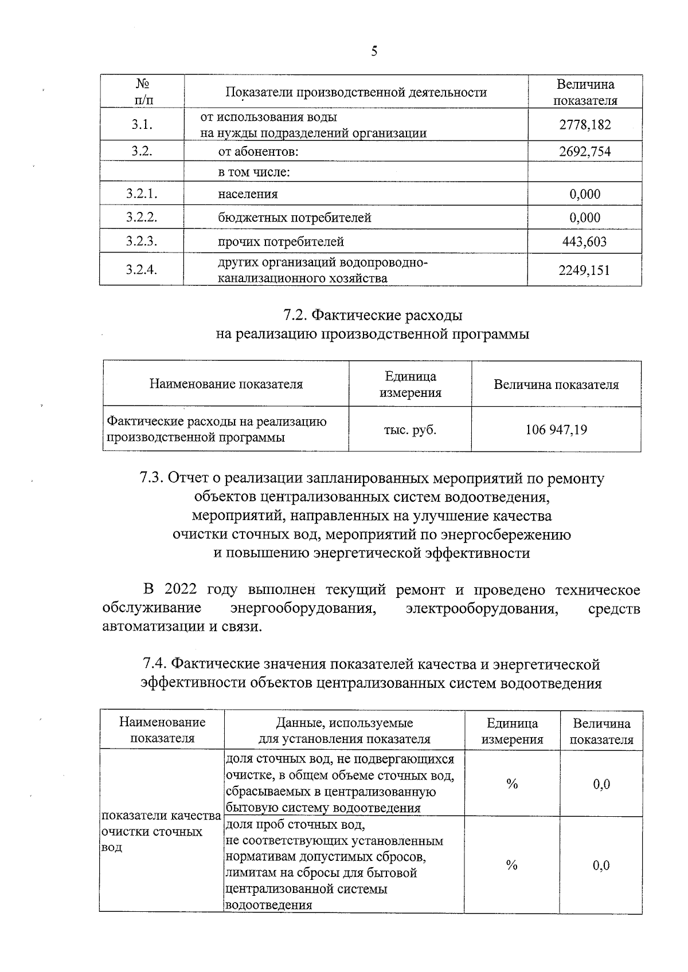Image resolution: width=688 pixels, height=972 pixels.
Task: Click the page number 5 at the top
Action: pos(374,52)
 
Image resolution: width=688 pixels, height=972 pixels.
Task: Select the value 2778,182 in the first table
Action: pos(585,124)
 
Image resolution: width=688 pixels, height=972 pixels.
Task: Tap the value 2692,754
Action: pos(585,152)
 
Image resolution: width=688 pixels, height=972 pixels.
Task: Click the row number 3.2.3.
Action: pos(142,241)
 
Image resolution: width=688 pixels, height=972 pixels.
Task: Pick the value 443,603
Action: pos(585,242)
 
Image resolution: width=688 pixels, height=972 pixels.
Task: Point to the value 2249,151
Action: pos(585,270)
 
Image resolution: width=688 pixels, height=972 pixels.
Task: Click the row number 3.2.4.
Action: pos(142,270)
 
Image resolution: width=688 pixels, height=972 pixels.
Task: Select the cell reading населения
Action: pos(248,194)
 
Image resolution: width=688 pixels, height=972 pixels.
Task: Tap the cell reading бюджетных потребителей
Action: pos(295,218)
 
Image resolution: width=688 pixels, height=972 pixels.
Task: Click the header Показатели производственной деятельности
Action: pos(356,92)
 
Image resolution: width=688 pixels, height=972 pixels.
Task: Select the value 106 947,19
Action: pos(556,430)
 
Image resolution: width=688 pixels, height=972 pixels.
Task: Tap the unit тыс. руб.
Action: pos(410,430)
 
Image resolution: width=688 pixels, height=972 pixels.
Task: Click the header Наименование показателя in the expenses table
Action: pos(226,384)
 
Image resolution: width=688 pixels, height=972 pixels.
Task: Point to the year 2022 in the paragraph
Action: pos(181,589)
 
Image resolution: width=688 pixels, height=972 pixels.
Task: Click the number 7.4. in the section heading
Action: pos(155,664)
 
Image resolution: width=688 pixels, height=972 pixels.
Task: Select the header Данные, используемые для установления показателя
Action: pos(344,731)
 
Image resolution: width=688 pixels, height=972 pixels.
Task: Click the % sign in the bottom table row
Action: pos(512,865)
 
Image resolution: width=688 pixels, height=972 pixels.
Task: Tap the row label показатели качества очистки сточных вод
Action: pos(161,831)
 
